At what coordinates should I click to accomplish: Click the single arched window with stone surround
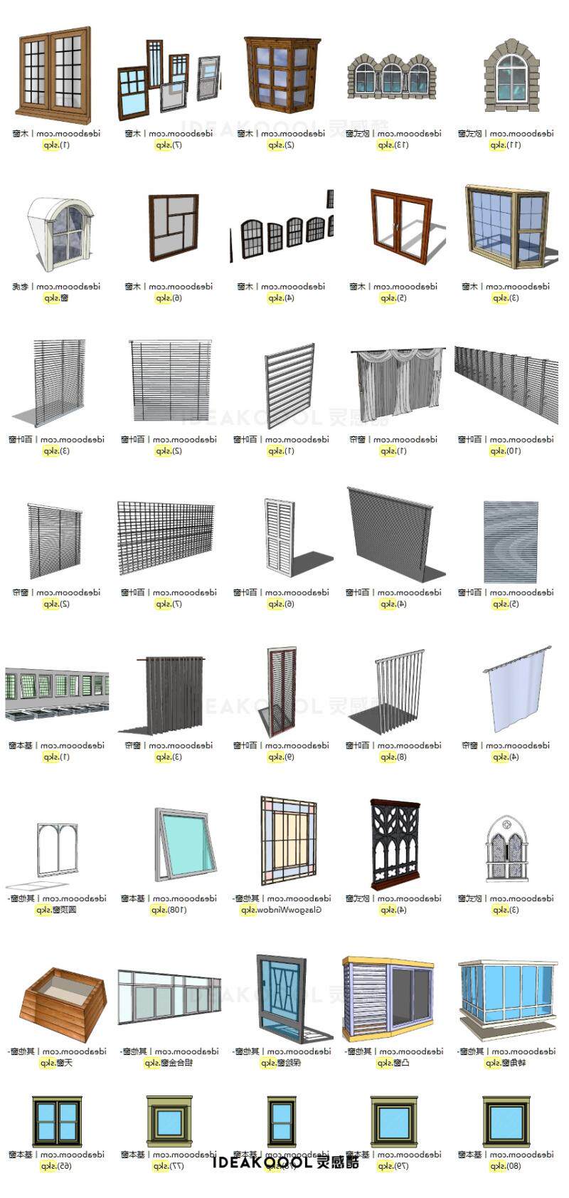[511, 75]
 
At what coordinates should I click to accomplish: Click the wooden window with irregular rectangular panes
[173, 226]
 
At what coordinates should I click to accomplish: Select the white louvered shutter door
[279, 536]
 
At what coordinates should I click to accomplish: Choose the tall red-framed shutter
[282, 690]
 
